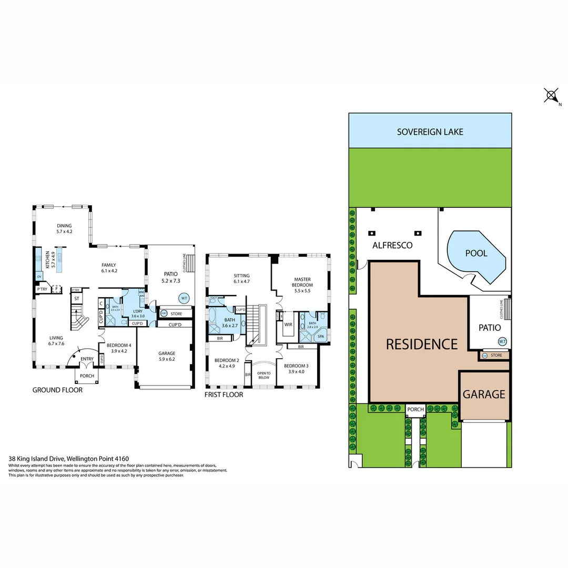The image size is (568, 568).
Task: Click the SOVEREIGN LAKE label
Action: (430, 131)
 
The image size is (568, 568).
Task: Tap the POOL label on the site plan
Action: (476, 253)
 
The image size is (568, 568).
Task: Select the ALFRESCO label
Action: (392, 245)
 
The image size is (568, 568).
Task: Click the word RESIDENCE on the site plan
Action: (422, 344)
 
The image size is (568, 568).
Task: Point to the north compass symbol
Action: (551, 96)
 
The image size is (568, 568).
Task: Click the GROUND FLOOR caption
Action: (57, 390)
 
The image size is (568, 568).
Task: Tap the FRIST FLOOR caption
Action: (224, 394)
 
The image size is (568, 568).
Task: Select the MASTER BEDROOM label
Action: (303, 281)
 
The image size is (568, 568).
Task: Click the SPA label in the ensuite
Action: (321, 336)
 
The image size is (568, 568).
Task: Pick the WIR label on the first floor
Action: (288, 324)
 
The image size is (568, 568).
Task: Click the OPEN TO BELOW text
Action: (263, 376)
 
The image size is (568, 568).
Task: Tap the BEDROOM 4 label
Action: (117, 348)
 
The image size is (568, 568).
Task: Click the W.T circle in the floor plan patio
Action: (184, 298)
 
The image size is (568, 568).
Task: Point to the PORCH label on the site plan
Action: (415, 409)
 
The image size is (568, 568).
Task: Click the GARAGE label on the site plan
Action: (484, 394)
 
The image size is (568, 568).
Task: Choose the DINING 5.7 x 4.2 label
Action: (64, 229)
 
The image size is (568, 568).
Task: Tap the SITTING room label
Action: (241, 278)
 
